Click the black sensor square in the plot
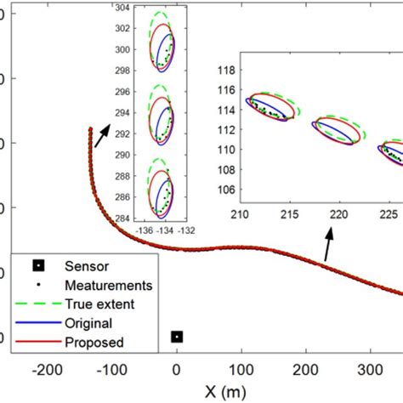point(176,337)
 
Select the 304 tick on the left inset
point(123,7)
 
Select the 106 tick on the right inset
point(226,166)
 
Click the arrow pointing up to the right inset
point(328,247)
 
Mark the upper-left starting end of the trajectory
point(90,128)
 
